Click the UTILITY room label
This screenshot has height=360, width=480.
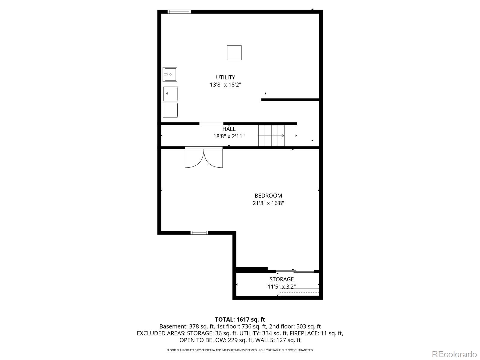225,77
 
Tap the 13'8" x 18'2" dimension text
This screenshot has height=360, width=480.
225,85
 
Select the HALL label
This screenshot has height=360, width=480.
229,129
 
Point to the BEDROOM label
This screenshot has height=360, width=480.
268,196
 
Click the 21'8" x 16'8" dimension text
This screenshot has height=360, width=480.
268,203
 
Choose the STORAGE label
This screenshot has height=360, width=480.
281,279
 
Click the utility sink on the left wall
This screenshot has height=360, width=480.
170,74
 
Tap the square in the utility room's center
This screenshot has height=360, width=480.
234,53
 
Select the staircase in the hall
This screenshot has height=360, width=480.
271,136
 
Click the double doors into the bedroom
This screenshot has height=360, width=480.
204,157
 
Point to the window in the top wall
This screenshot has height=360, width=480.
179,12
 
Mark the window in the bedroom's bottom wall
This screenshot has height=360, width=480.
199,232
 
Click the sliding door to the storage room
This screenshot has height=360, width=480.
295,271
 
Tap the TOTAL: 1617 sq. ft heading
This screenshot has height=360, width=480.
240,319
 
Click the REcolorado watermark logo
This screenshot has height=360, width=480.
454,354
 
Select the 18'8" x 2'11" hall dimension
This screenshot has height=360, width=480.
229,136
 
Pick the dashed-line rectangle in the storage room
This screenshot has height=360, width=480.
299,292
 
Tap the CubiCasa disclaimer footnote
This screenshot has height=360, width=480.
240,350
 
